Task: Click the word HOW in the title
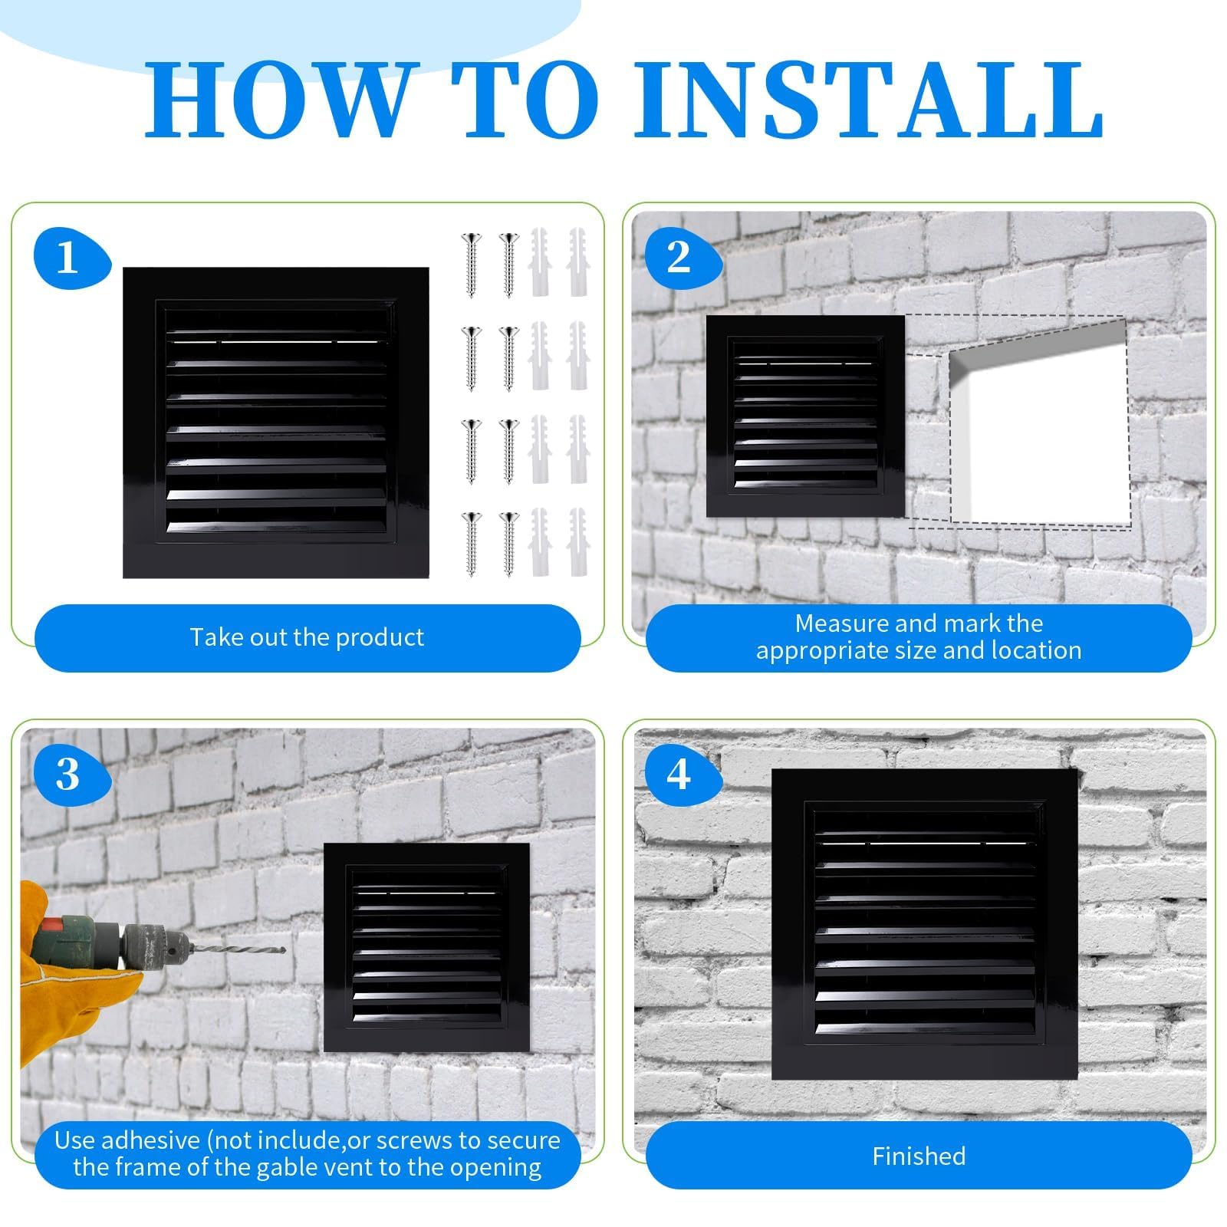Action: (x=277, y=100)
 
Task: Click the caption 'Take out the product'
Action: (x=307, y=637)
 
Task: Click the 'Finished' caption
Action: (x=919, y=1156)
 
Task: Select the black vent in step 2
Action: (x=805, y=416)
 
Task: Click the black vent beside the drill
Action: (x=427, y=947)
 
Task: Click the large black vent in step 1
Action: (x=276, y=423)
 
